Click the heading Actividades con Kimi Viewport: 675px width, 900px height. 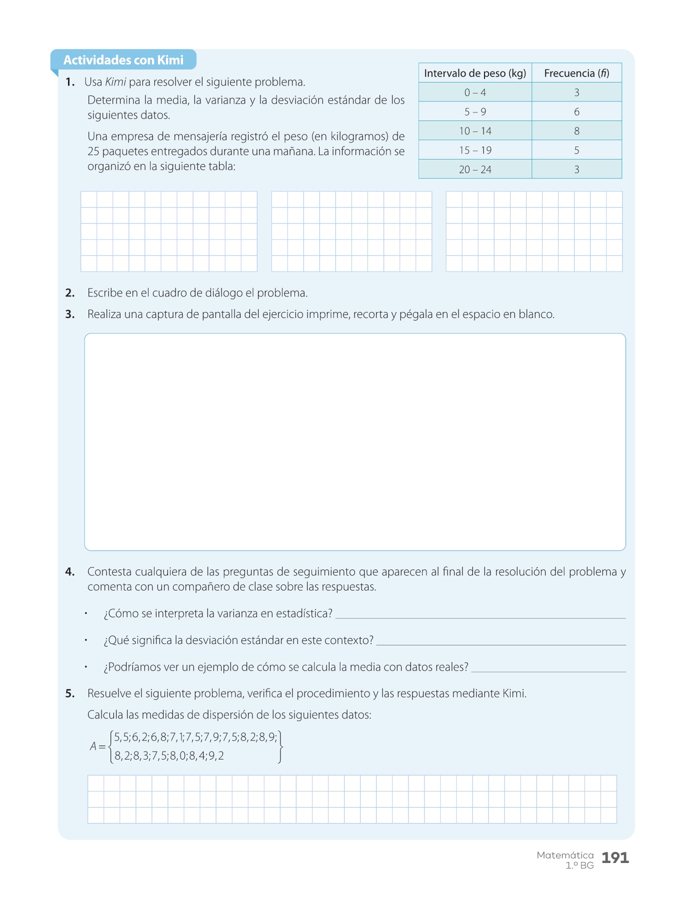123,60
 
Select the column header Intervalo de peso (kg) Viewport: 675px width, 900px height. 475,73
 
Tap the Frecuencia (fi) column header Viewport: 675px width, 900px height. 576,73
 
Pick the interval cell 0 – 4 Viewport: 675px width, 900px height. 475,92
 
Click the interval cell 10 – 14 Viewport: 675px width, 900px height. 475,131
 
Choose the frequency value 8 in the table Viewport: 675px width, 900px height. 576,131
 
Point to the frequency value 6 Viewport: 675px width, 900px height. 576,112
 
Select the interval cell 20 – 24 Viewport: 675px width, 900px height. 475,169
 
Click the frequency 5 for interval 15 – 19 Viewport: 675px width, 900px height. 576,150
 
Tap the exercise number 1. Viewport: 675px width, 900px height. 70,82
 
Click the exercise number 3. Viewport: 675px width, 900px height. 70,314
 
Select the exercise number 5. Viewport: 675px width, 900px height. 70,693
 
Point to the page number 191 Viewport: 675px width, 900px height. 615,858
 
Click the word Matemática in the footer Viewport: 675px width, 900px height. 565,855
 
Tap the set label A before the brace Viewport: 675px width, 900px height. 93,746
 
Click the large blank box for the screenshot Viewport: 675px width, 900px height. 355,442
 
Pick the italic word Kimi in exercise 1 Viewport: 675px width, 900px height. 115,82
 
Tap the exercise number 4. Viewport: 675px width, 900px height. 70,572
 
